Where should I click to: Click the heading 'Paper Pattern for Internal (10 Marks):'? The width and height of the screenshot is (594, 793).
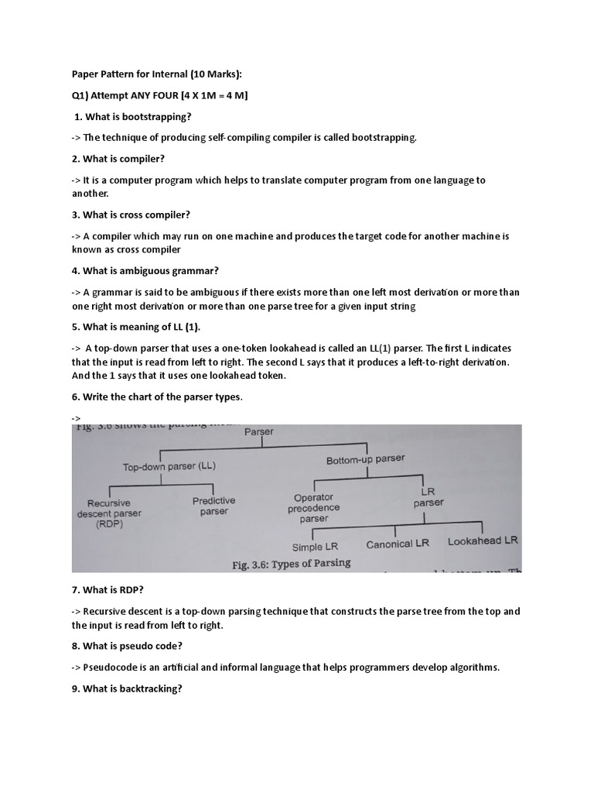click(x=156, y=74)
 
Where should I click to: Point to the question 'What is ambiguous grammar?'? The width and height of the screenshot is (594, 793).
click(x=145, y=270)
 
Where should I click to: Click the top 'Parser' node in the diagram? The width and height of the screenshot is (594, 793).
click(x=259, y=431)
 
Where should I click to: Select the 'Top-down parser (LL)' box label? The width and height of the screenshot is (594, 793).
click(x=169, y=466)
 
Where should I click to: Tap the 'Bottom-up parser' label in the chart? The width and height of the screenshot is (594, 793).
click(x=365, y=459)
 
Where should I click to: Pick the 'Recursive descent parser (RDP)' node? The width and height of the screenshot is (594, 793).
click(x=109, y=513)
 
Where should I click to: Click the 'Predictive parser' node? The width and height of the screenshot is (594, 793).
click(x=214, y=506)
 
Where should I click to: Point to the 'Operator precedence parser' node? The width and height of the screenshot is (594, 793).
click(x=313, y=508)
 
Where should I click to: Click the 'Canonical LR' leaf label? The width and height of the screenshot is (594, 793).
click(x=398, y=544)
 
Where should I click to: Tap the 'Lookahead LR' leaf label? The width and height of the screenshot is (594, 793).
click(x=483, y=541)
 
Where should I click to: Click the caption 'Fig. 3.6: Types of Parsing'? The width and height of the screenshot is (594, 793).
click(x=291, y=564)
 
